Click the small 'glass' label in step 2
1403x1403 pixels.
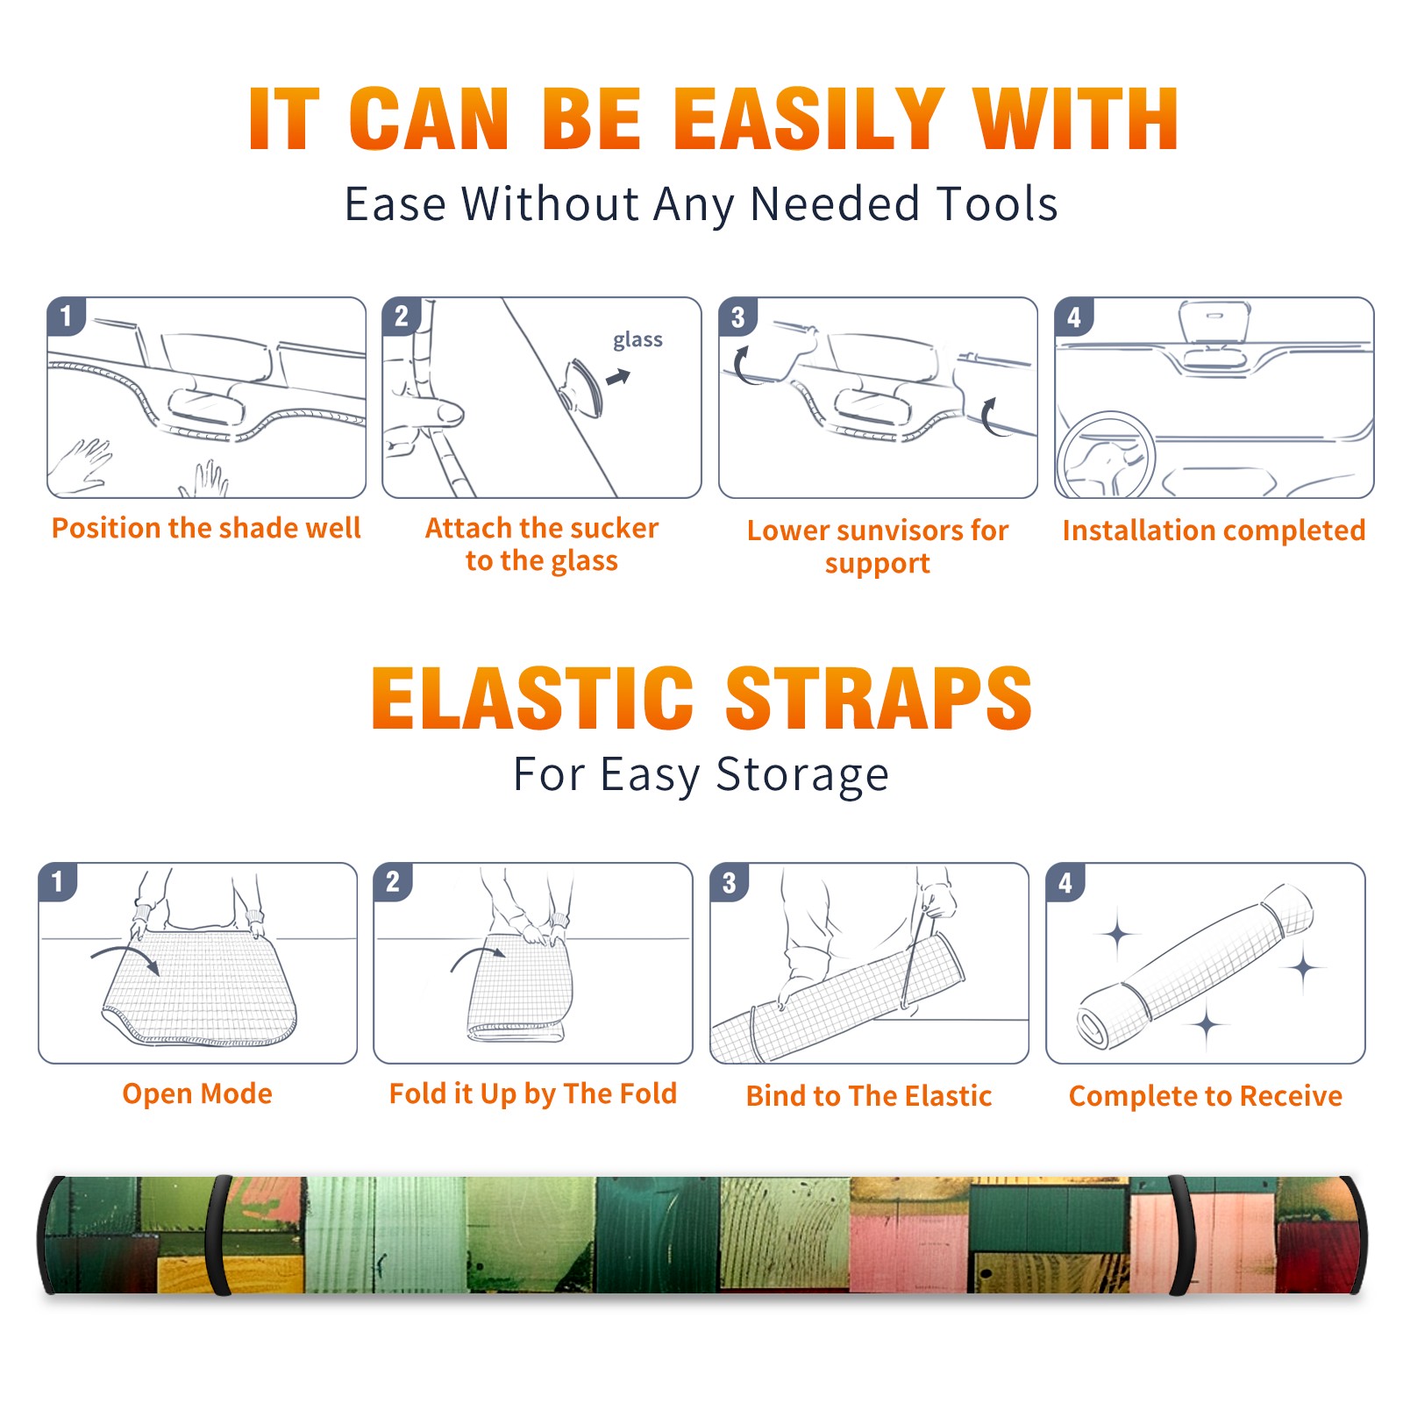coord(637,340)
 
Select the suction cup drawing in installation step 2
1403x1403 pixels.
coord(582,387)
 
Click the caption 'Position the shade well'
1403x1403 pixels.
coord(206,528)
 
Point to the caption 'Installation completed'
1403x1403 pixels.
coord(1214,530)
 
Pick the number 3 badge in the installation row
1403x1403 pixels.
coord(737,317)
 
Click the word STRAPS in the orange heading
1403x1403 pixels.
coord(879,698)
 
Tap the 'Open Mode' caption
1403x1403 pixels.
coord(197,1093)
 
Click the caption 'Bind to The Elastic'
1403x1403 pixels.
coord(869,1096)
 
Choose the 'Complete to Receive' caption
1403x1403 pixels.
coord(1206,1096)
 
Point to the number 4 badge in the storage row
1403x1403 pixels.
coord(1065,882)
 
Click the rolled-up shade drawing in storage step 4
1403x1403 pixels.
coord(1195,966)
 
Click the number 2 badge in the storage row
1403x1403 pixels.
coord(393,881)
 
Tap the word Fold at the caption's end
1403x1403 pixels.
coord(648,1093)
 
